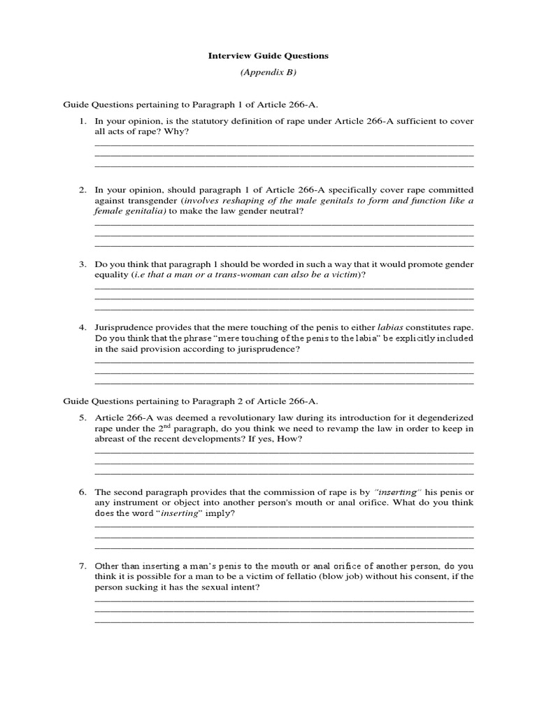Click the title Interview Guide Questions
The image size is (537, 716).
pyautogui.click(x=268, y=55)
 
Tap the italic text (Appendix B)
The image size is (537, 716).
pyautogui.click(x=268, y=72)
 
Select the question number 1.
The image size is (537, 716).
pyautogui.click(x=81, y=121)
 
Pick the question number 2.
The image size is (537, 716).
pyautogui.click(x=81, y=189)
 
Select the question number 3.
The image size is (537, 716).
pyautogui.click(x=81, y=264)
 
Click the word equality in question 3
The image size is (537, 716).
pyautogui.click(x=111, y=275)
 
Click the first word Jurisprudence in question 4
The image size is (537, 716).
pyautogui.click(x=122, y=327)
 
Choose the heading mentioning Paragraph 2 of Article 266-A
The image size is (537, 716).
pyautogui.click(x=190, y=401)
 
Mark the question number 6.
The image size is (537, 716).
pyautogui.click(x=81, y=492)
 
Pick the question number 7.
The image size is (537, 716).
pyautogui.click(x=81, y=566)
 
